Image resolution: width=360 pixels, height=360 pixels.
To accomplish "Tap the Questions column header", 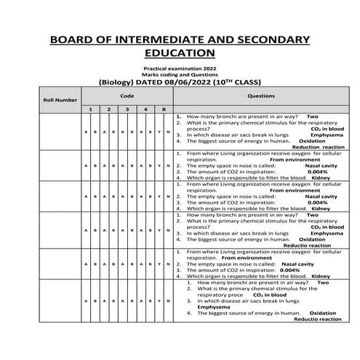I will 260,95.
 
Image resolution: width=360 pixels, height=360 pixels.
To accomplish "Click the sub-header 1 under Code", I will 89,109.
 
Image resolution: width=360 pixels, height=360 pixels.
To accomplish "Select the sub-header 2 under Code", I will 108,109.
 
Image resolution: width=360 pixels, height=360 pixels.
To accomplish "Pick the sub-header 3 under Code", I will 127,109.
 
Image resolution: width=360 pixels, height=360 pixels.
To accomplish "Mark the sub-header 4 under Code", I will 145,109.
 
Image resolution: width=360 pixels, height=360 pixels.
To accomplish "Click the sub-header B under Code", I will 164,109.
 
